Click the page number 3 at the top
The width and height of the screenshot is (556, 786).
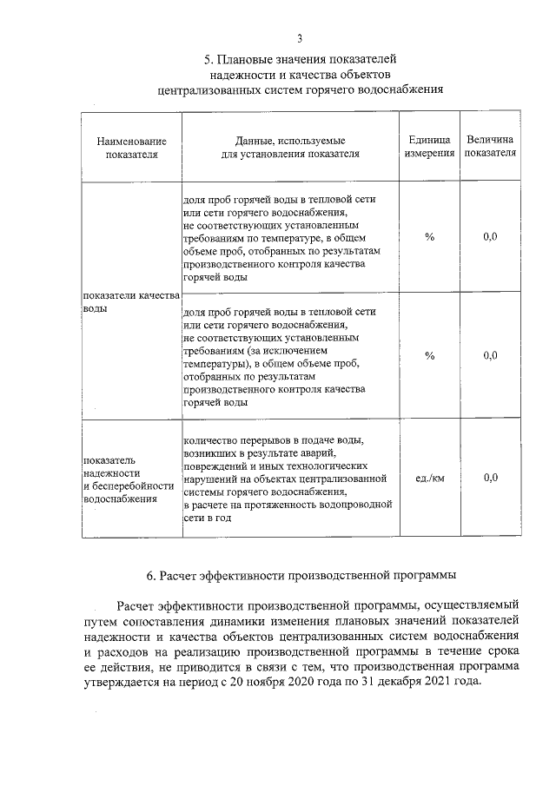[x=300, y=37]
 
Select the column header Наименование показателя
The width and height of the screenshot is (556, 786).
[x=131, y=147]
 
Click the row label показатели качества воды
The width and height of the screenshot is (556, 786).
[x=130, y=303]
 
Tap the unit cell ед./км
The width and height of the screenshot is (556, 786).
[x=429, y=478]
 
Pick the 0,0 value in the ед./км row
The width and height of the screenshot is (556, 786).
[x=490, y=478]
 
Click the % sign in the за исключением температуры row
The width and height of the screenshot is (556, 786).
[x=429, y=354]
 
